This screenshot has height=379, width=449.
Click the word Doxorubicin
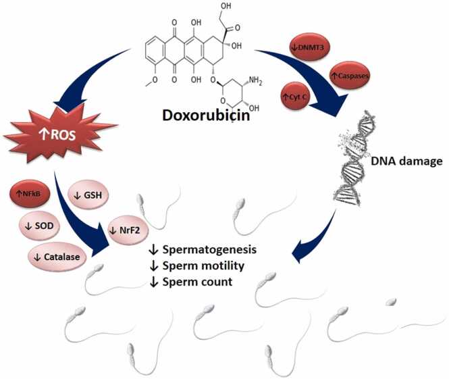207,115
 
